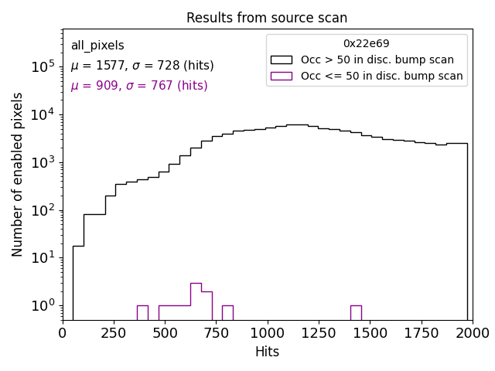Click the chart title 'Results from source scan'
click(x=267, y=18)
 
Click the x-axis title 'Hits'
click(x=267, y=352)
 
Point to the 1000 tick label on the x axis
click(x=267, y=333)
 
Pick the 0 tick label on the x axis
click(x=63, y=333)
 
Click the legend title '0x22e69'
click(x=367, y=44)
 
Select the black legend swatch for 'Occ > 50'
click(x=281, y=60)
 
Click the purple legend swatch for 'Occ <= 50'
click(x=281, y=76)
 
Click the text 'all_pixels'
click(x=97, y=46)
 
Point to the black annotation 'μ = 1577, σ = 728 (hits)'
click(x=142, y=66)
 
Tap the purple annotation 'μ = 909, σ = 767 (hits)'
click(x=139, y=86)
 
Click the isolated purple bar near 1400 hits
click(x=356, y=312)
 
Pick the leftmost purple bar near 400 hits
click(x=142, y=312)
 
